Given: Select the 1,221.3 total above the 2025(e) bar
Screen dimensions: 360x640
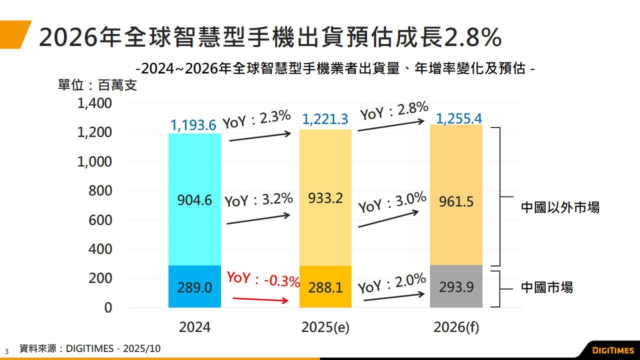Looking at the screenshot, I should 325,119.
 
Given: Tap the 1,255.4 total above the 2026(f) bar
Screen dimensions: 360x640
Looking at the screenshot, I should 458,118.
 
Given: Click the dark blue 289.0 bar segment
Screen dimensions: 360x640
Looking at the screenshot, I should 194,287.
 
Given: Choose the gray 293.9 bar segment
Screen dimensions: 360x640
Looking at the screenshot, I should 456,287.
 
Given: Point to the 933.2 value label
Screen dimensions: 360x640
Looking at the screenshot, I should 325,198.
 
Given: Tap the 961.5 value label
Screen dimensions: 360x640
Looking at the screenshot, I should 456,201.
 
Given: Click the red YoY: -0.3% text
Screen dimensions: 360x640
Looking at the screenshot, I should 263,279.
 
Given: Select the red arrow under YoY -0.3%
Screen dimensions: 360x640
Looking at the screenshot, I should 261,299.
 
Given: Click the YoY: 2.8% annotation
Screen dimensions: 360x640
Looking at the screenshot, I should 394,111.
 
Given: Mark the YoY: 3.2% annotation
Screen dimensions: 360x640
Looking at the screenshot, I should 258,199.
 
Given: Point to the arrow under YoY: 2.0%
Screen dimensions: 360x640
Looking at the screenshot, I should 393,297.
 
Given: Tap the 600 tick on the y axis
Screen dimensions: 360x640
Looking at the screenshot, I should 100,220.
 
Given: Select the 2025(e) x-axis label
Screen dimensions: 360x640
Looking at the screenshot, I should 325,327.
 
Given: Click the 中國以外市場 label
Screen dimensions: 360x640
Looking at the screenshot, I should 560,207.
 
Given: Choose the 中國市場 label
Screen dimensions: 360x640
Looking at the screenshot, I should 547,287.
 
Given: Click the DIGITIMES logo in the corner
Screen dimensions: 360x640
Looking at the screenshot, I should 612,350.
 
